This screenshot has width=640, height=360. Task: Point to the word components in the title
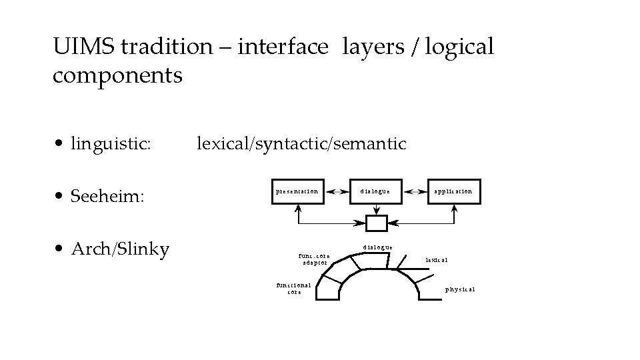(117, 75)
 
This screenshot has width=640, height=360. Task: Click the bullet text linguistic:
(111, 143)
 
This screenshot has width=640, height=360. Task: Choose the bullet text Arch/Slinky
(120, 249)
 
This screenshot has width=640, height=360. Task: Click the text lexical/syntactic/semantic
(301, 143)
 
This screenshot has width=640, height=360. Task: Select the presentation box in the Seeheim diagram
(297, 191)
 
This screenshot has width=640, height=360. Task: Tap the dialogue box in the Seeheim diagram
(376, 191)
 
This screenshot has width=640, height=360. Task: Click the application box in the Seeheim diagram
(453, 191)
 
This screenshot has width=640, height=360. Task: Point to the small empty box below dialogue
(377, 223)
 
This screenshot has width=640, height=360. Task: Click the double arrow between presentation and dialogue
(337, 191)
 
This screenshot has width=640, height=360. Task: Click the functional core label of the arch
(293, 288)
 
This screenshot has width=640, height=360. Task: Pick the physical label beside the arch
(460, 289)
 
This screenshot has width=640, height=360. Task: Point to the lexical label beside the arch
(437, 259)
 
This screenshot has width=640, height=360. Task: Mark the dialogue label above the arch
(377, 247)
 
